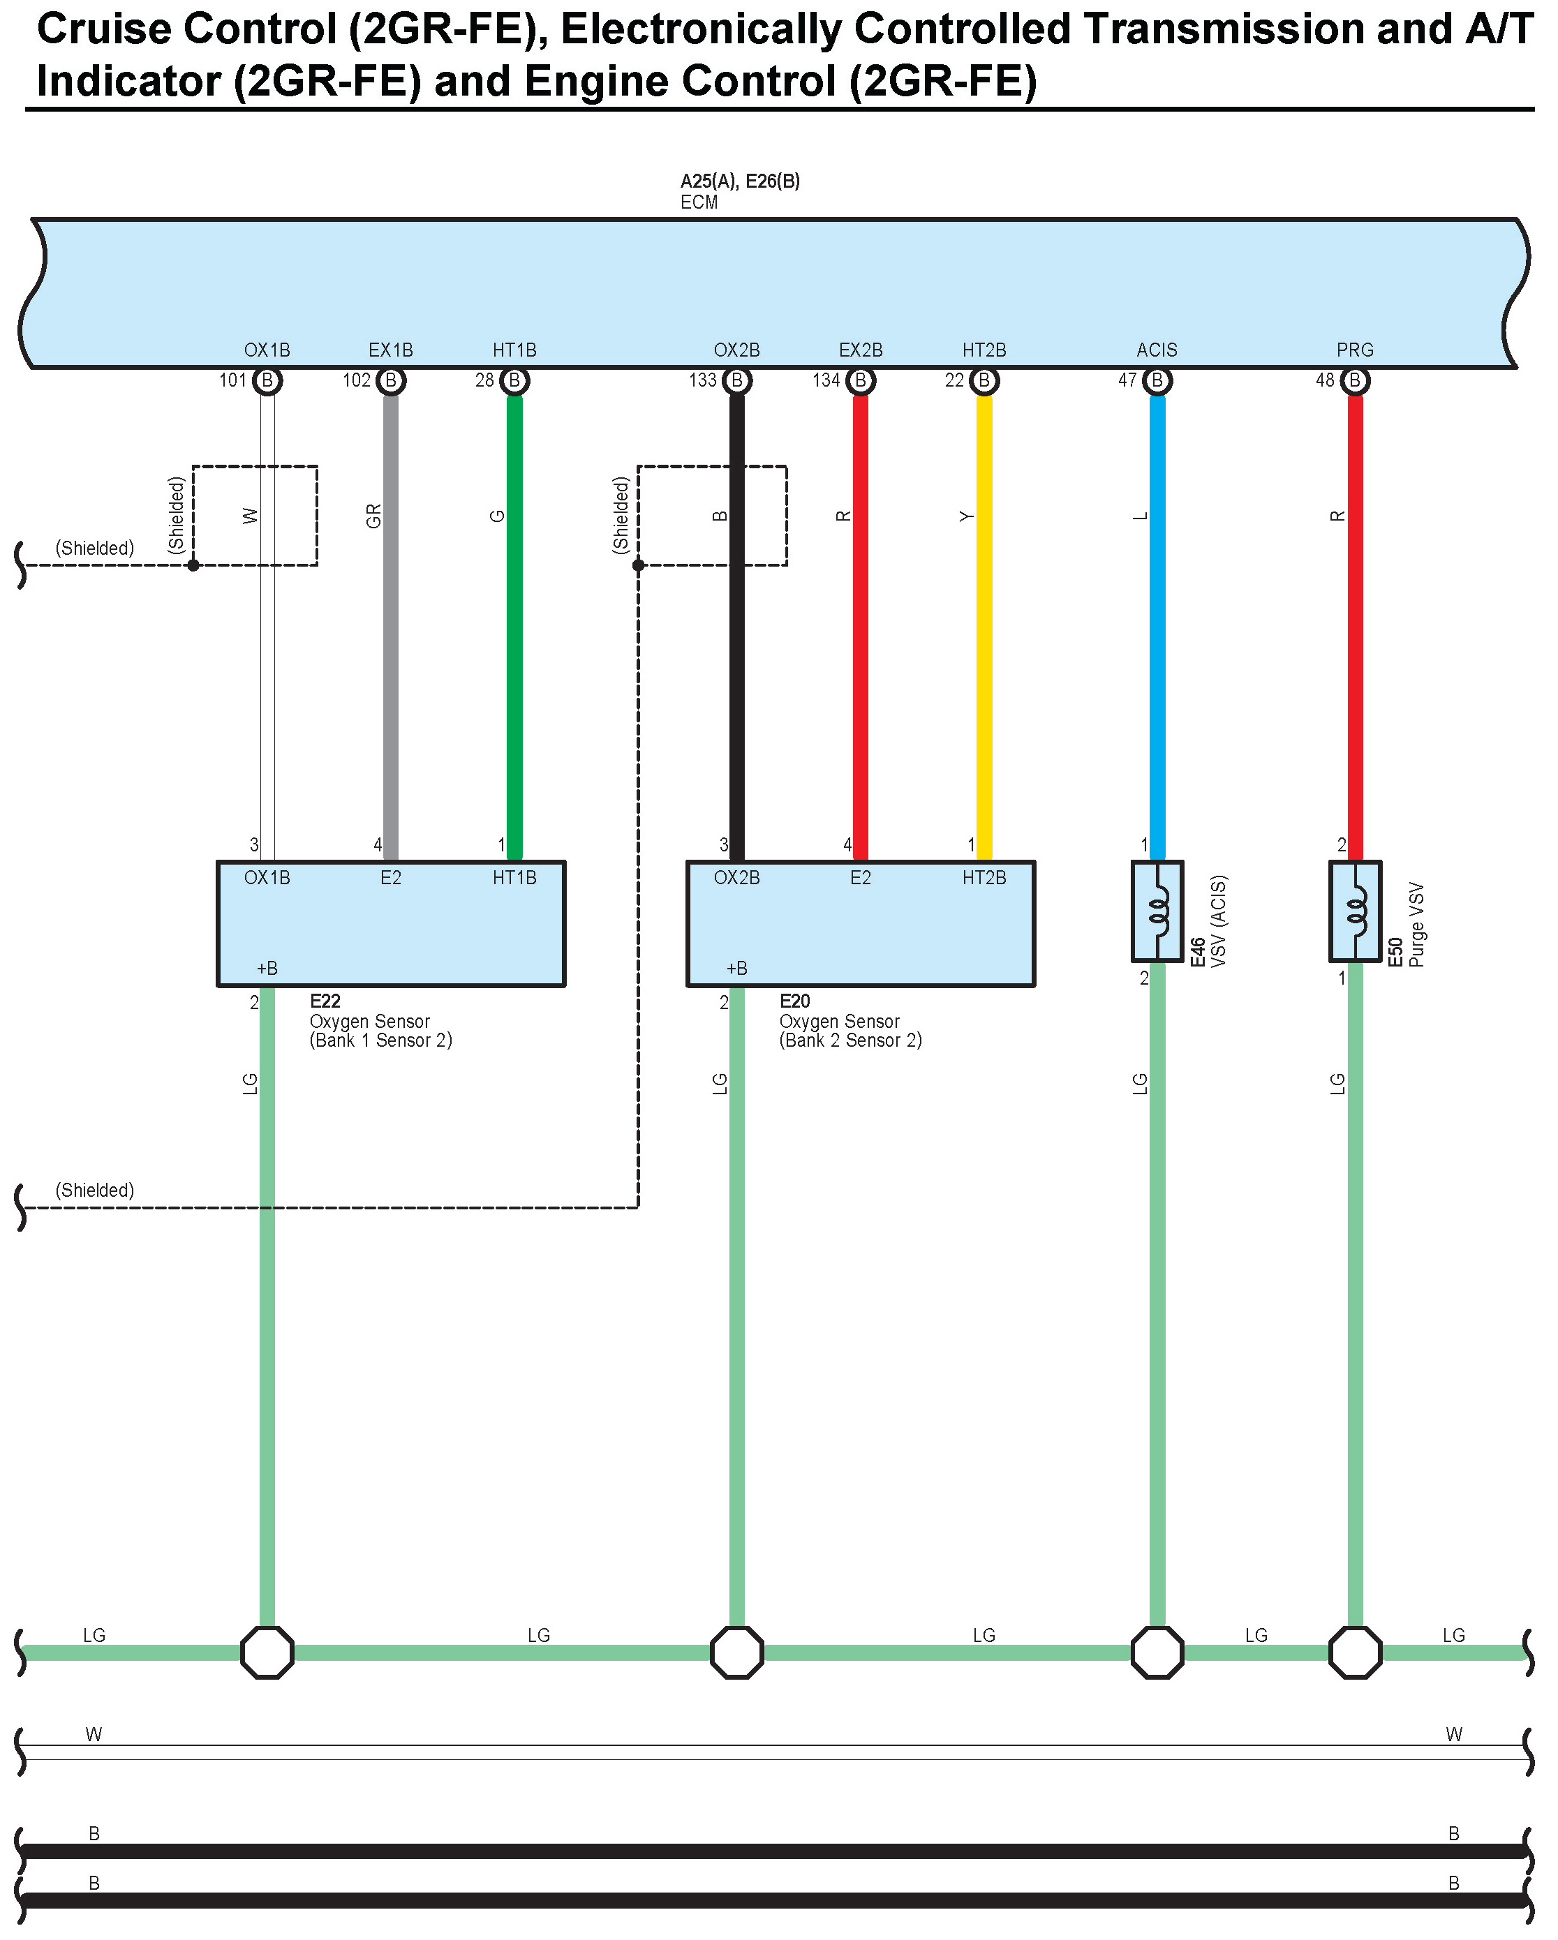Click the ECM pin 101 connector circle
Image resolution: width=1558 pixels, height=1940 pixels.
(x=267, y=380)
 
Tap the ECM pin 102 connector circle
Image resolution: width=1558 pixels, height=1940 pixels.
(x=391, y=380)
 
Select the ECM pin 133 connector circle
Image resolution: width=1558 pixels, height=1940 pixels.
(x=736, y=380)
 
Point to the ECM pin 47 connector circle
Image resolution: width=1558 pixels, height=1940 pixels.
(x=1157, y=380)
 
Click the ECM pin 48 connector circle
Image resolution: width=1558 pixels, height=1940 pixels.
(x=1355, y=380)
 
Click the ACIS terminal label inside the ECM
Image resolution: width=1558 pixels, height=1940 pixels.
(x=1157, y=350)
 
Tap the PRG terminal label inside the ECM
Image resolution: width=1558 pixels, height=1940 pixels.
(x=1355, y=350)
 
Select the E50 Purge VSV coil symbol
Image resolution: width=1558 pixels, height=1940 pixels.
(x=1356, y=911)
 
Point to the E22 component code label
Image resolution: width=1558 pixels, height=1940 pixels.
(x=325, y=1001)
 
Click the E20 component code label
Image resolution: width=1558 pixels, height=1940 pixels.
(x=795, y=1001)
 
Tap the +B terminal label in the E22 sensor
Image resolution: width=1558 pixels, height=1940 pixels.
(x=267, y=968)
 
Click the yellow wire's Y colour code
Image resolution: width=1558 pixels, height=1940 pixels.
(x=967, y=516)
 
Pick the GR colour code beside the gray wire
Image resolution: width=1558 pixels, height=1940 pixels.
(x=373, y=516)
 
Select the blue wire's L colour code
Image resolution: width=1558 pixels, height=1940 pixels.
(x=1141, y=516)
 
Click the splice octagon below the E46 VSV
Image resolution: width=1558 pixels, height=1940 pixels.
(x=1157, y=1652)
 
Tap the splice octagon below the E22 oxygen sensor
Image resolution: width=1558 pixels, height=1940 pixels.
(x=267, y=1652)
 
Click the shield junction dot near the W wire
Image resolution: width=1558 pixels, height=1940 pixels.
(x=193, y=565)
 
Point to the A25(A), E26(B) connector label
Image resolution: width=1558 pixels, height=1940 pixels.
(x=740, y=181)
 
